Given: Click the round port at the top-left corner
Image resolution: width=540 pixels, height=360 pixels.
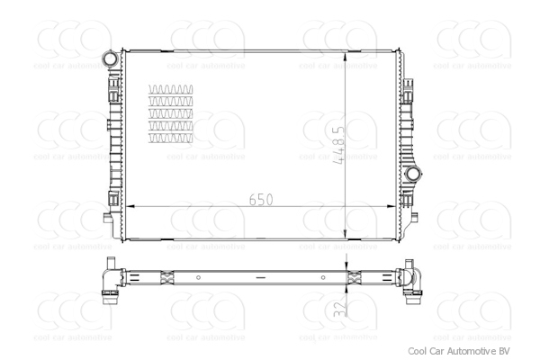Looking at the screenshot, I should tap(110, 59).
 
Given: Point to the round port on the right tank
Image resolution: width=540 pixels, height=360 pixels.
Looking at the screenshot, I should tap(413, 173).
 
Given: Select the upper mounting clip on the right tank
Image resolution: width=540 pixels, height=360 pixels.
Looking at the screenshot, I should tap(408, 90).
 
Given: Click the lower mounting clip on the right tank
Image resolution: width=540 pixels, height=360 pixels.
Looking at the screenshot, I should tap(408, 200).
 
